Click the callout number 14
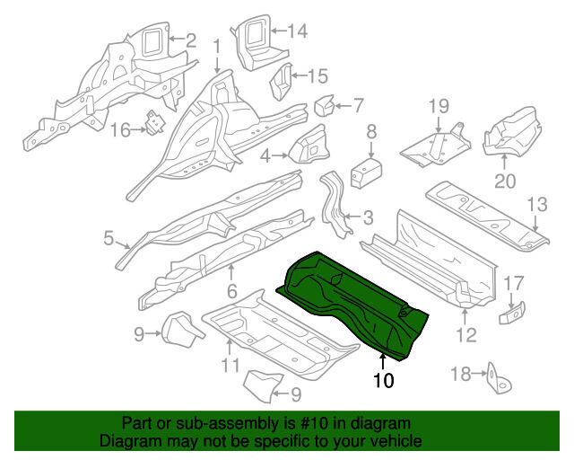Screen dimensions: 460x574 (296, 31)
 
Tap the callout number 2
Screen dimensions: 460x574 (190, 39)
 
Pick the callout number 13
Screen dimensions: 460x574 (536, 206)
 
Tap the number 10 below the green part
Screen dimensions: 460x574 (383, 380)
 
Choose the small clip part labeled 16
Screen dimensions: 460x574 (158, 122)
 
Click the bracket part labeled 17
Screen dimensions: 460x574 (513, 313)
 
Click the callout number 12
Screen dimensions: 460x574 (466, 338)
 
